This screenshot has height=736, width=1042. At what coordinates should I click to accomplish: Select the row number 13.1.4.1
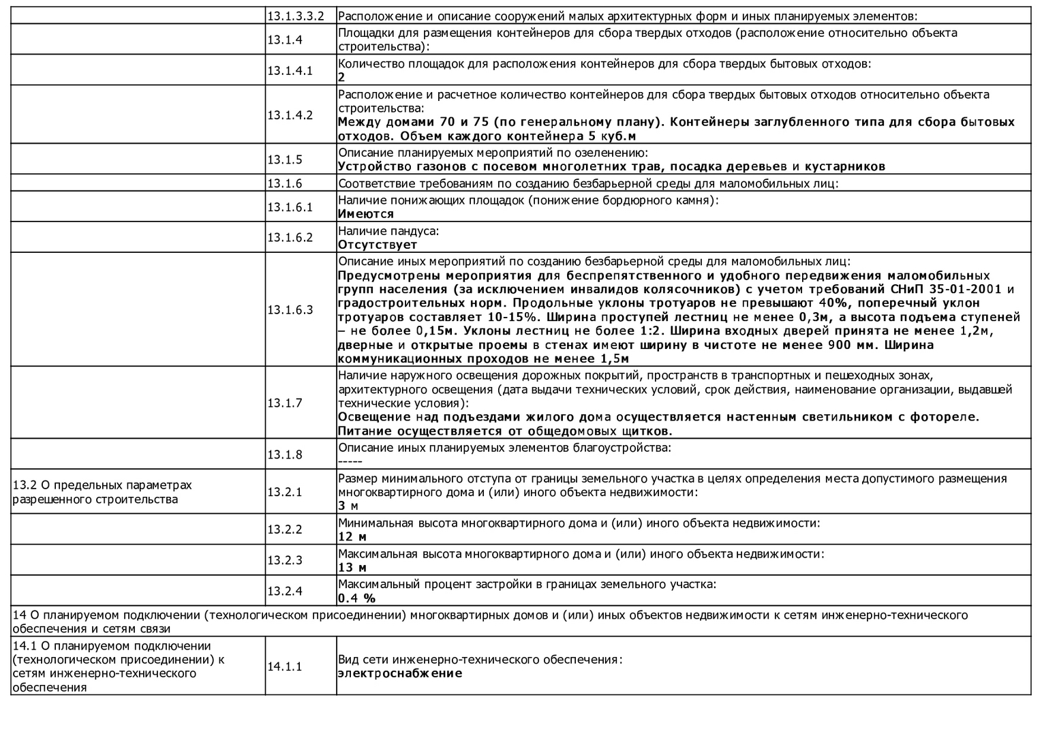point(290,70)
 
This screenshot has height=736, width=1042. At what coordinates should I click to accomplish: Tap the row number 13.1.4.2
point(290,114)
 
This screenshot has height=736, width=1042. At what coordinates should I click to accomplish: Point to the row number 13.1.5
point(284,159)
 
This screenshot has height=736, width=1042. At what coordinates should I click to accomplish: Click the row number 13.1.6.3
point(290,309)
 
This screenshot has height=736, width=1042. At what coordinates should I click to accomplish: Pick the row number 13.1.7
point(284,403)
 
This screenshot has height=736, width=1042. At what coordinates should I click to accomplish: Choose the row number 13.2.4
point(284,591)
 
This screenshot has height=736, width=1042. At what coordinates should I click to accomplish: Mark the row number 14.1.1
point(284,666)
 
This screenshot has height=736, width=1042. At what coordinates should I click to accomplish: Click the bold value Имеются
point(366,214)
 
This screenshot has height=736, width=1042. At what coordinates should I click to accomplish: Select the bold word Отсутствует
point(378,245)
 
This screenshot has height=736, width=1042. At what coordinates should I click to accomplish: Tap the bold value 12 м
point(352,537)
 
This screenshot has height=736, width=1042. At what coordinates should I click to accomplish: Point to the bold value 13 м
point(352,568)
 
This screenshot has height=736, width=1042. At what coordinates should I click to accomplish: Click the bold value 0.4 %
point(356,598)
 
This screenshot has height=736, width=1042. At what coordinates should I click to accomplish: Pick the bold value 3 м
point(348,506)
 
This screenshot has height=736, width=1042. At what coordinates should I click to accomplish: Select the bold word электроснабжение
point(400,673)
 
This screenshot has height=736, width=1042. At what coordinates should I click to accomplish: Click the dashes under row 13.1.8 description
point(350,461)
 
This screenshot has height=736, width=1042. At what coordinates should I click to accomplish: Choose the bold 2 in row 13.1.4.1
point(341,78)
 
